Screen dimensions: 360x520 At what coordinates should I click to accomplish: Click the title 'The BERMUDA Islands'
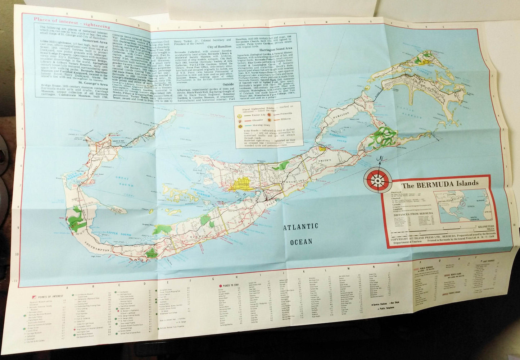[440, 183]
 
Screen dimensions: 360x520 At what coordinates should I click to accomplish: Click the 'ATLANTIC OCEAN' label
[302, 234]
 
